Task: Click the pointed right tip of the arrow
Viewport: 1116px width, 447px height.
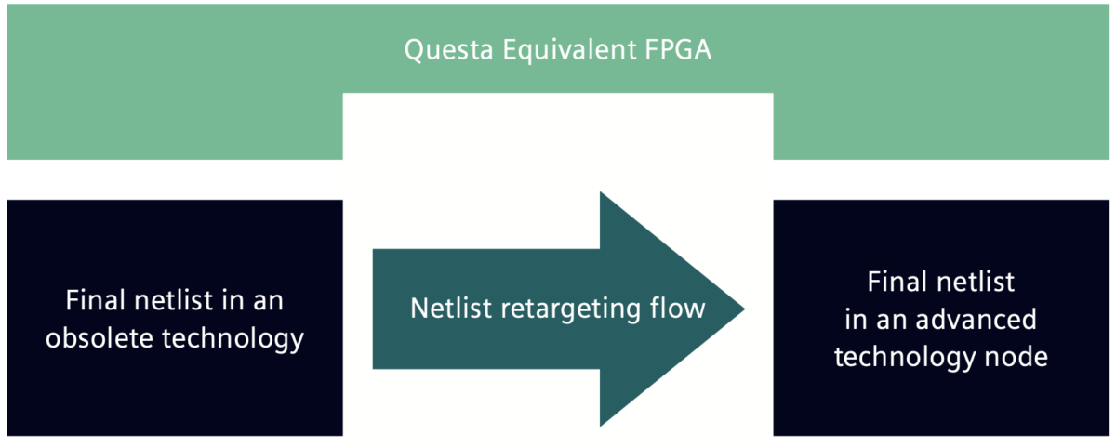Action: point(743,309)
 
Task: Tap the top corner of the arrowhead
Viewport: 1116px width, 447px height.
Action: point(601,192)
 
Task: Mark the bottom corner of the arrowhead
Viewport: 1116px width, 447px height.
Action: point(601,426)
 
